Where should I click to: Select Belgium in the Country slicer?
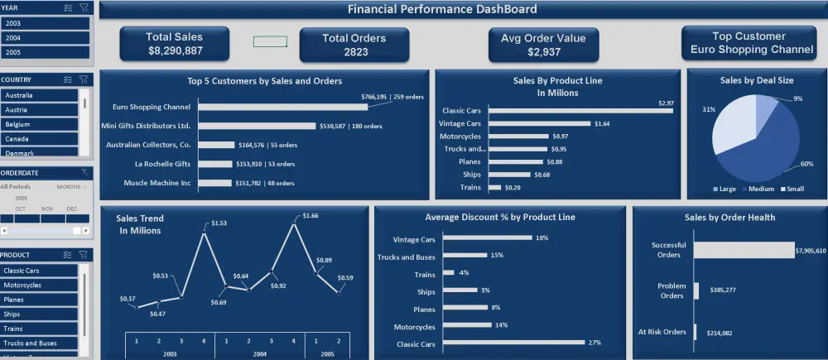point(40,124)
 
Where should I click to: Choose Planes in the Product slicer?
point(40,300)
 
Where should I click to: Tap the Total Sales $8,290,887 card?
point(174,44)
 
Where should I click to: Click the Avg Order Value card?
point(543,45)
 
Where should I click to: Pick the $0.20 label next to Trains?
point(514,188)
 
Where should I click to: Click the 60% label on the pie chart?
point(807,164)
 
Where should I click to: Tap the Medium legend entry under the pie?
point(759,190)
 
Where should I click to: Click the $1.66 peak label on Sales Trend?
point(310,216)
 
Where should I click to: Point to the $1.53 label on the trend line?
point(218,223)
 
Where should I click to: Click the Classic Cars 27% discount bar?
point(513,343)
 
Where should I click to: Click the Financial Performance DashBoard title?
point(441,10)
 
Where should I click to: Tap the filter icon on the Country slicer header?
point(84,79)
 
